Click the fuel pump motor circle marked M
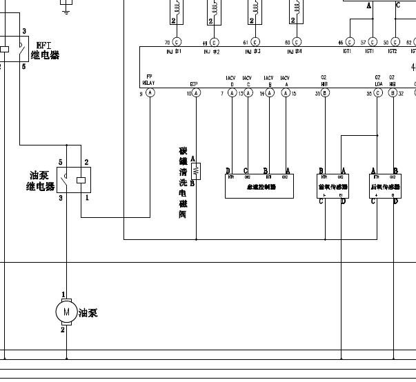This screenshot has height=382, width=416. point(67,312)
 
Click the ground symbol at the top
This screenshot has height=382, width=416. point(66,8)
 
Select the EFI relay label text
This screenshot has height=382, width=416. point(46,50)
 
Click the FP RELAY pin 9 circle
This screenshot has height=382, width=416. point(150,92)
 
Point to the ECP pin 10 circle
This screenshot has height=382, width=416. point(196,92)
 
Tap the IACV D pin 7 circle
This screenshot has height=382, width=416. point(232,92)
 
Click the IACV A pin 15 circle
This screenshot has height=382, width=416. point(286,92)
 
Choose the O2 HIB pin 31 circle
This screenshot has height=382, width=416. point(325,92)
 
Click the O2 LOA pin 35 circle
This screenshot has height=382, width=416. point(377,92)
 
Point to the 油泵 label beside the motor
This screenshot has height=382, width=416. point(88,313)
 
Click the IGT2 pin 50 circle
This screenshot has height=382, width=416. point(395,42)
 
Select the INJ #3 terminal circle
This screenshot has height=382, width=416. point(255,42)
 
